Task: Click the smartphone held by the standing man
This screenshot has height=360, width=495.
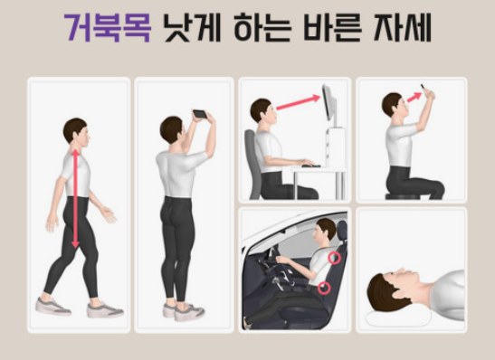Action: pyautogui.click(x=199, y=115)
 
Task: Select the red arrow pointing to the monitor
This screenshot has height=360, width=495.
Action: pyautogui.click(x=296, y=101)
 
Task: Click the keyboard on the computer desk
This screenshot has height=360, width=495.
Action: pyautogui.click(x=310, y=165)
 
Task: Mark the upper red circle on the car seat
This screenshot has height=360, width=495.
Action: pyautogui.click(x=335, y=258)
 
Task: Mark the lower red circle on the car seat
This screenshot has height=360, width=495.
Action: pyautogui.click(x=325, y=289)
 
